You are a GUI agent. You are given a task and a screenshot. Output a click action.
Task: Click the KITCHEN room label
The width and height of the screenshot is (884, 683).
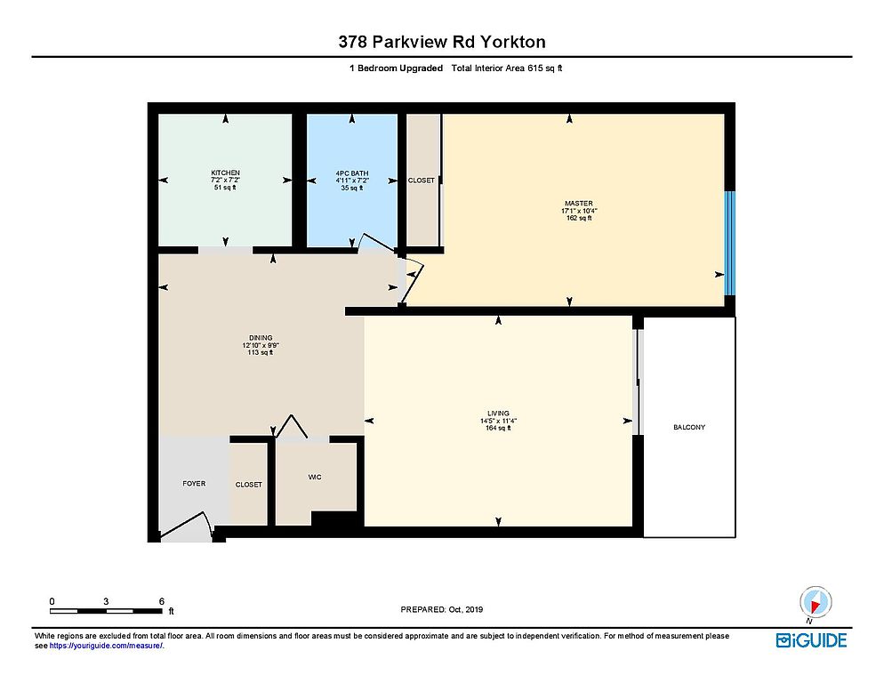click(x=226, y=173)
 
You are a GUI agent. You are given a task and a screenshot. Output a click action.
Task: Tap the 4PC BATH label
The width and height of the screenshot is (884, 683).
click(x=352, y=173)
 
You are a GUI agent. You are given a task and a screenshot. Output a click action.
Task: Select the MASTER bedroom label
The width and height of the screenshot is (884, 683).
click(x=579, y=203)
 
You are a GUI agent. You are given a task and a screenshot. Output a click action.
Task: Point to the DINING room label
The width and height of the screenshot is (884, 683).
click(x=261, y=338)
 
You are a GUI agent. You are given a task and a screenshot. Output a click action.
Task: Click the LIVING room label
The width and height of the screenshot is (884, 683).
click(x=498, y=413)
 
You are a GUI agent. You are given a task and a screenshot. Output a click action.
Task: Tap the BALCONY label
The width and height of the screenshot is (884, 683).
click(x=689, y=427)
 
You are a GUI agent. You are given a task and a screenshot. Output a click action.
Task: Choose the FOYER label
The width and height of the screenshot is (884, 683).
click(x=194, y=483)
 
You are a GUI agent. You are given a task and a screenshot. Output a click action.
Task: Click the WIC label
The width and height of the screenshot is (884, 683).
click(x=315, y=478)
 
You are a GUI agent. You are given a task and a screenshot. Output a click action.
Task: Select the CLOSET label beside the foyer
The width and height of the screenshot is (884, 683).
click(x=249, y=485)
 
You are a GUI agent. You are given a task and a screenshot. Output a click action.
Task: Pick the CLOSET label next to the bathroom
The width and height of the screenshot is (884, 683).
click(x=422, y=181)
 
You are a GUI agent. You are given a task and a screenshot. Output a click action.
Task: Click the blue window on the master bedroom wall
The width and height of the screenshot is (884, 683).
click(x=729, y=243)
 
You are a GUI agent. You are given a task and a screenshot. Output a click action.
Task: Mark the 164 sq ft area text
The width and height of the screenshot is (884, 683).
click(x=498, y=428)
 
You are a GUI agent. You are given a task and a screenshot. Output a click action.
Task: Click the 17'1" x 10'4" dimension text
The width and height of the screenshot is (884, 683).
click(x=579, y=211)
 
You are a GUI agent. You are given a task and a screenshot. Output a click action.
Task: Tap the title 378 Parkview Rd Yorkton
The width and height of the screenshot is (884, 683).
click(x=442, y=42)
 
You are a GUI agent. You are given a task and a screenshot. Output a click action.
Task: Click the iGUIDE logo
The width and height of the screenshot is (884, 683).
click(x=811, y=640)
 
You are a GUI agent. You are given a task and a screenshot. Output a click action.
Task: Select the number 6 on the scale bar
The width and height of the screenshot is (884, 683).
click(x=162, y=601)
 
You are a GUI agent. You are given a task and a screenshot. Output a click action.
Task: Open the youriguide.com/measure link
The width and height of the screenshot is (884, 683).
click(x=107, y=646)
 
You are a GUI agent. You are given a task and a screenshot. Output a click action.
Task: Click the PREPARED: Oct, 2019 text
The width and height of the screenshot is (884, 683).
click(x=441, y=609)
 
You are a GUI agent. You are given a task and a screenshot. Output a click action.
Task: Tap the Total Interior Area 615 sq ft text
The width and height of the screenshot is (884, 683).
click(x=507, y=68)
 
